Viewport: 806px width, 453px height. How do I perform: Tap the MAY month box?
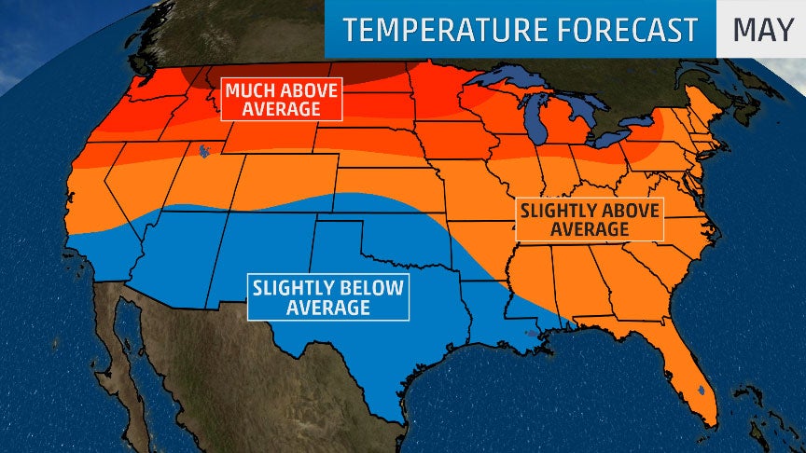(x=761, y=30)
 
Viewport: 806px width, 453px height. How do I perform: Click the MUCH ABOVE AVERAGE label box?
(x=281, y=99)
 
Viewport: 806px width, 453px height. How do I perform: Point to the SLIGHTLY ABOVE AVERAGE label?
(x=590, y=219)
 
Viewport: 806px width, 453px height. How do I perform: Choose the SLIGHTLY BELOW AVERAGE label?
(x=328, y=297)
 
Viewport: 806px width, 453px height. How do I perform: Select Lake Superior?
(x=508, y=79)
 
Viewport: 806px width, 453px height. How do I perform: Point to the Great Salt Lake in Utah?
(x=201, y=148)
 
